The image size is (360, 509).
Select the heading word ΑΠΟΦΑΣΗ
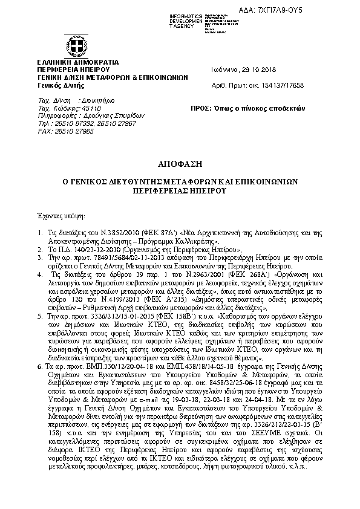tap(179, 164)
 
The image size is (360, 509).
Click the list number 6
tap(39, 349)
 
